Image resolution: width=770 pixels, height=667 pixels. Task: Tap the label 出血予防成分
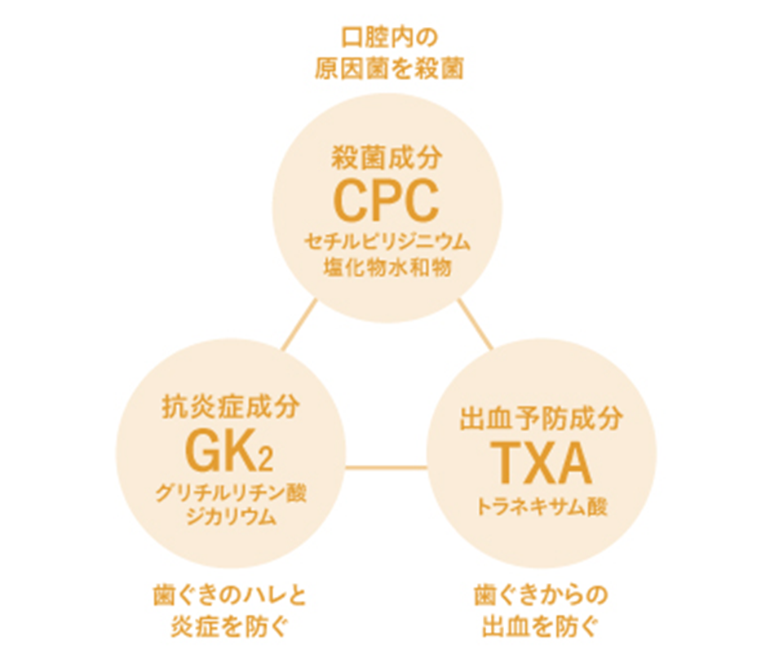(542, 420)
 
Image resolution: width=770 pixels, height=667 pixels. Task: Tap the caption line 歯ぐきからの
(542, 594)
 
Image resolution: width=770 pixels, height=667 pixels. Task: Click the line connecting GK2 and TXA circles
(386, 468)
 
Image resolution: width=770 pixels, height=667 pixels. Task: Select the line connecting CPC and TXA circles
(475, 324)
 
